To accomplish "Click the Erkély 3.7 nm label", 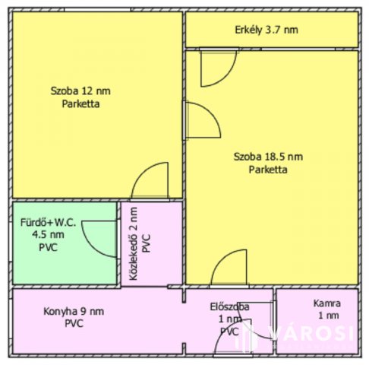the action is pos(266,30).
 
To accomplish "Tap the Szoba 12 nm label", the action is pos(80,90).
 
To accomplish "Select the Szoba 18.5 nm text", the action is pos(268,157).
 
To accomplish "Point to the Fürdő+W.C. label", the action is pos(48,222).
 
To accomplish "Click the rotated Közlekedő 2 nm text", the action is pos(133,243).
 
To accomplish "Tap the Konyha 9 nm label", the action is pos(74,311).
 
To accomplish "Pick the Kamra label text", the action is pos(327,303).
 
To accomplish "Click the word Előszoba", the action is pos(229,306).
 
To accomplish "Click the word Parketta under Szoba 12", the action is pos(80,103).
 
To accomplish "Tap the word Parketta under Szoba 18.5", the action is pos(268,170).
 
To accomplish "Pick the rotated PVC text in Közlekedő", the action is pos(147,243).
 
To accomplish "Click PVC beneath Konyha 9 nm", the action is pos(74,323).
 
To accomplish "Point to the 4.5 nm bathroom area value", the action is pos(48,234).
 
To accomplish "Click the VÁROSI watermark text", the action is pos(311,333).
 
